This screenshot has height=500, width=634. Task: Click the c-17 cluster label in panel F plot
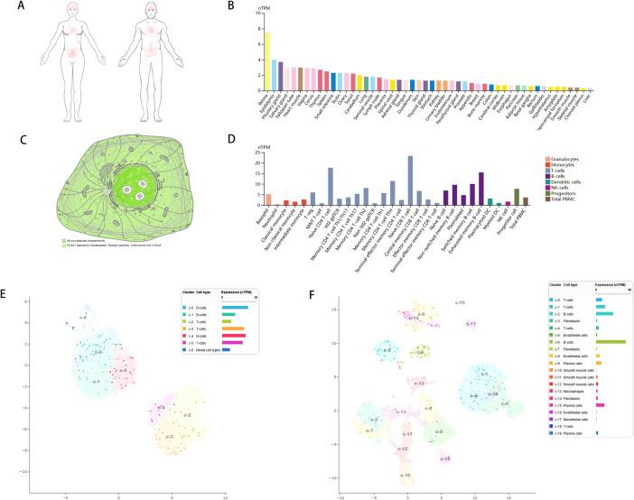coord(471,322)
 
